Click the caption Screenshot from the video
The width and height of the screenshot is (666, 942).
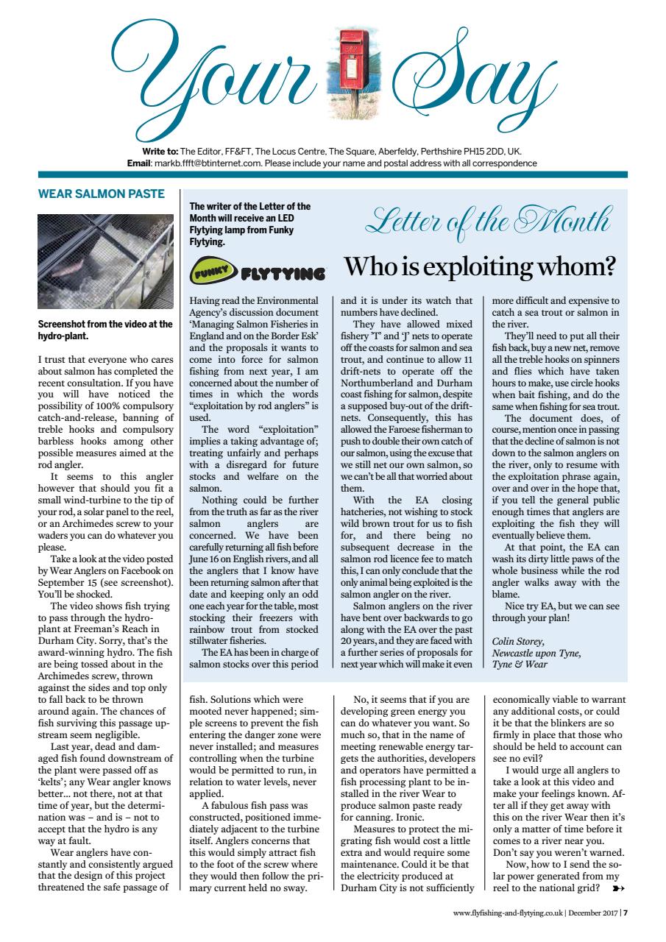(104, 328)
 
